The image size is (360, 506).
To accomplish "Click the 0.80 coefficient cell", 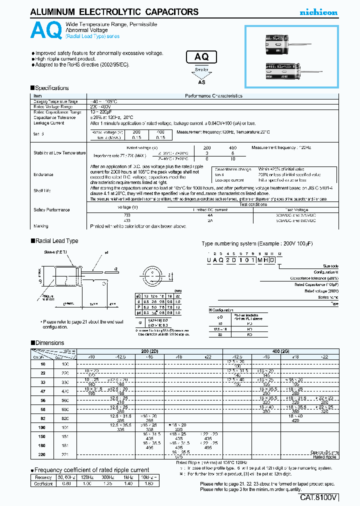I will coord(65,483).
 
